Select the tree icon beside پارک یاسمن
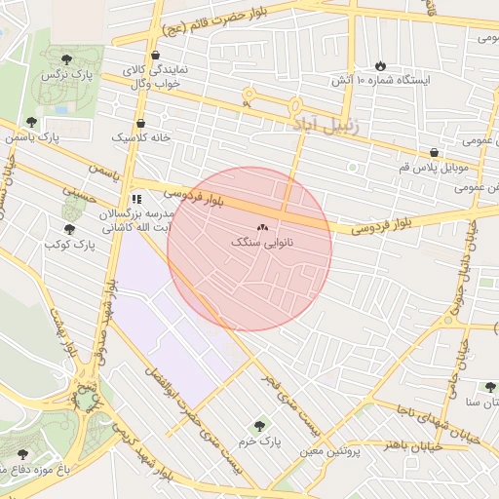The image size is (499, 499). [x=33, y=122]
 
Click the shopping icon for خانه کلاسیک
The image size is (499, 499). [x=142, y=124]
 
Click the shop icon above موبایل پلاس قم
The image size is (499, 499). [x=434, y=152]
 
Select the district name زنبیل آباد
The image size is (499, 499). [x=326, y=126]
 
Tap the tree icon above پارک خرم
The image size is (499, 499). [x=259, y=426]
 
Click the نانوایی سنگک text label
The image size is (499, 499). [x=253, y=241]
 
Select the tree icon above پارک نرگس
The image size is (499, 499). [x=66, y=58]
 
